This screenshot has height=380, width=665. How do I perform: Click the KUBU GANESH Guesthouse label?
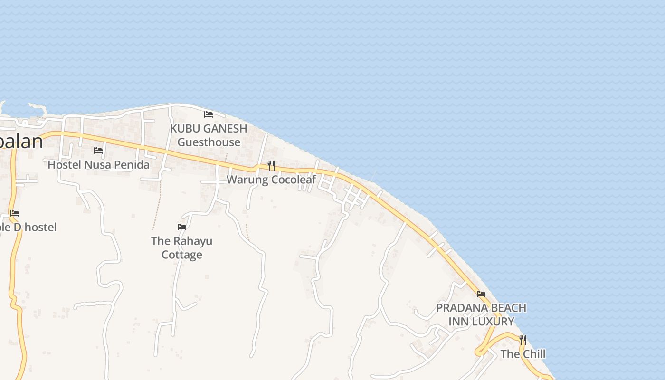pos(209,135)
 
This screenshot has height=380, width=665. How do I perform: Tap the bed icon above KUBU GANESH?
pos(208,114)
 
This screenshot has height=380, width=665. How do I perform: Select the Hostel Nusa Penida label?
pos(99,165)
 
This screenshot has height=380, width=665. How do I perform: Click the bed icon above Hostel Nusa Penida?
pos(98,151)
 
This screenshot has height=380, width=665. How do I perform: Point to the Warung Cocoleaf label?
pos(271,180)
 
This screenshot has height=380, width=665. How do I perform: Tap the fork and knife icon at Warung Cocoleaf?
pos(271,165)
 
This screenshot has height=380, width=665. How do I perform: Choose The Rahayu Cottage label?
pos(182,247)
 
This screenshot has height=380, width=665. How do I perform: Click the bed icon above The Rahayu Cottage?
pos(181,227)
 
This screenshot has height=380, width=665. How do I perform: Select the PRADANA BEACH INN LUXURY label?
pos(481,314)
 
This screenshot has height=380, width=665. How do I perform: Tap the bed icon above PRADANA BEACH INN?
pos(481,294)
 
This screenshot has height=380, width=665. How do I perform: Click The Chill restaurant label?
pos(523,354)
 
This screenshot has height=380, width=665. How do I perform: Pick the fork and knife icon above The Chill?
pos(523,340)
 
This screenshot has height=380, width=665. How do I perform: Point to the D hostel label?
pos(28,227)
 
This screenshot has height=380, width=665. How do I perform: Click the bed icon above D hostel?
pos(15,213)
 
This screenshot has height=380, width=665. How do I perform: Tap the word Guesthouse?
pos(209,142)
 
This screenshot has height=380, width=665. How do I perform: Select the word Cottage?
pos(182,255)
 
